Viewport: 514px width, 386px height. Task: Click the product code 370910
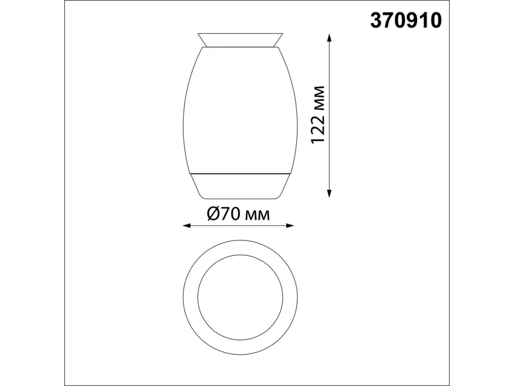pyautogui.click(x=406, y=21)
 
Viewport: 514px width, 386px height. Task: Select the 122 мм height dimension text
pyautogui.click(x=318, y=115)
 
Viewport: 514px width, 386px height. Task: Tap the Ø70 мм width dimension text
pyautogui.click(x=239, y=214)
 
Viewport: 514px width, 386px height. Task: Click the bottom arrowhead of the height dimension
pyautogui.click(x=329, y=193)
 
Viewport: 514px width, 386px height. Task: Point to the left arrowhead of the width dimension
pyautogui.click(x=187, y=226)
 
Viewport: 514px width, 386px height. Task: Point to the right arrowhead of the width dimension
pyautogui.click(x=289, y=226)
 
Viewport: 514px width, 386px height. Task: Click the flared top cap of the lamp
pyautogui.click(x=240, y=40)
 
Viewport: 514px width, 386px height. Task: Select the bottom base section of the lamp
pyautogui.click(x=240, y=186)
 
